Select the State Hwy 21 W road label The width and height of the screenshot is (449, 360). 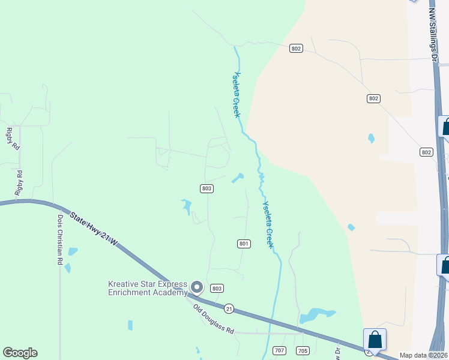click(x=94, y=230)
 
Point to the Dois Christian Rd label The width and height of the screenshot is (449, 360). click(x=60, y=240)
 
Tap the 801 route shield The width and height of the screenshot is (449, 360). click(x=244, y=244)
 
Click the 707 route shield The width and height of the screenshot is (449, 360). click(x=279, y=350)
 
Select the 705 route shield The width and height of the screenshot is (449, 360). click(x=302, y=350)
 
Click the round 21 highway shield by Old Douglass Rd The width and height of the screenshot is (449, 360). click(x=229, y=308)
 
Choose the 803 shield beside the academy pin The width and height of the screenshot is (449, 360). click(x=217, y=289)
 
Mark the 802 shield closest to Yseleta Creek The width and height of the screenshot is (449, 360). click(x=295, y=49)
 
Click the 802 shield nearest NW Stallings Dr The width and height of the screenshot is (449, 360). click(x=426, y=152)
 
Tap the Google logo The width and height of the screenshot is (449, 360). click(x=20, y=353)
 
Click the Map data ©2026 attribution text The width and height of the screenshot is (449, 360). click(x=424, y=355)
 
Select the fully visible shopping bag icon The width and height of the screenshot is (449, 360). click(x=375, y=340)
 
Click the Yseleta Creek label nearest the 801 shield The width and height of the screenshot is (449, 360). click(x=268, y=224)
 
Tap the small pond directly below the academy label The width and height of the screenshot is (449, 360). click(x=130, y=325)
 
